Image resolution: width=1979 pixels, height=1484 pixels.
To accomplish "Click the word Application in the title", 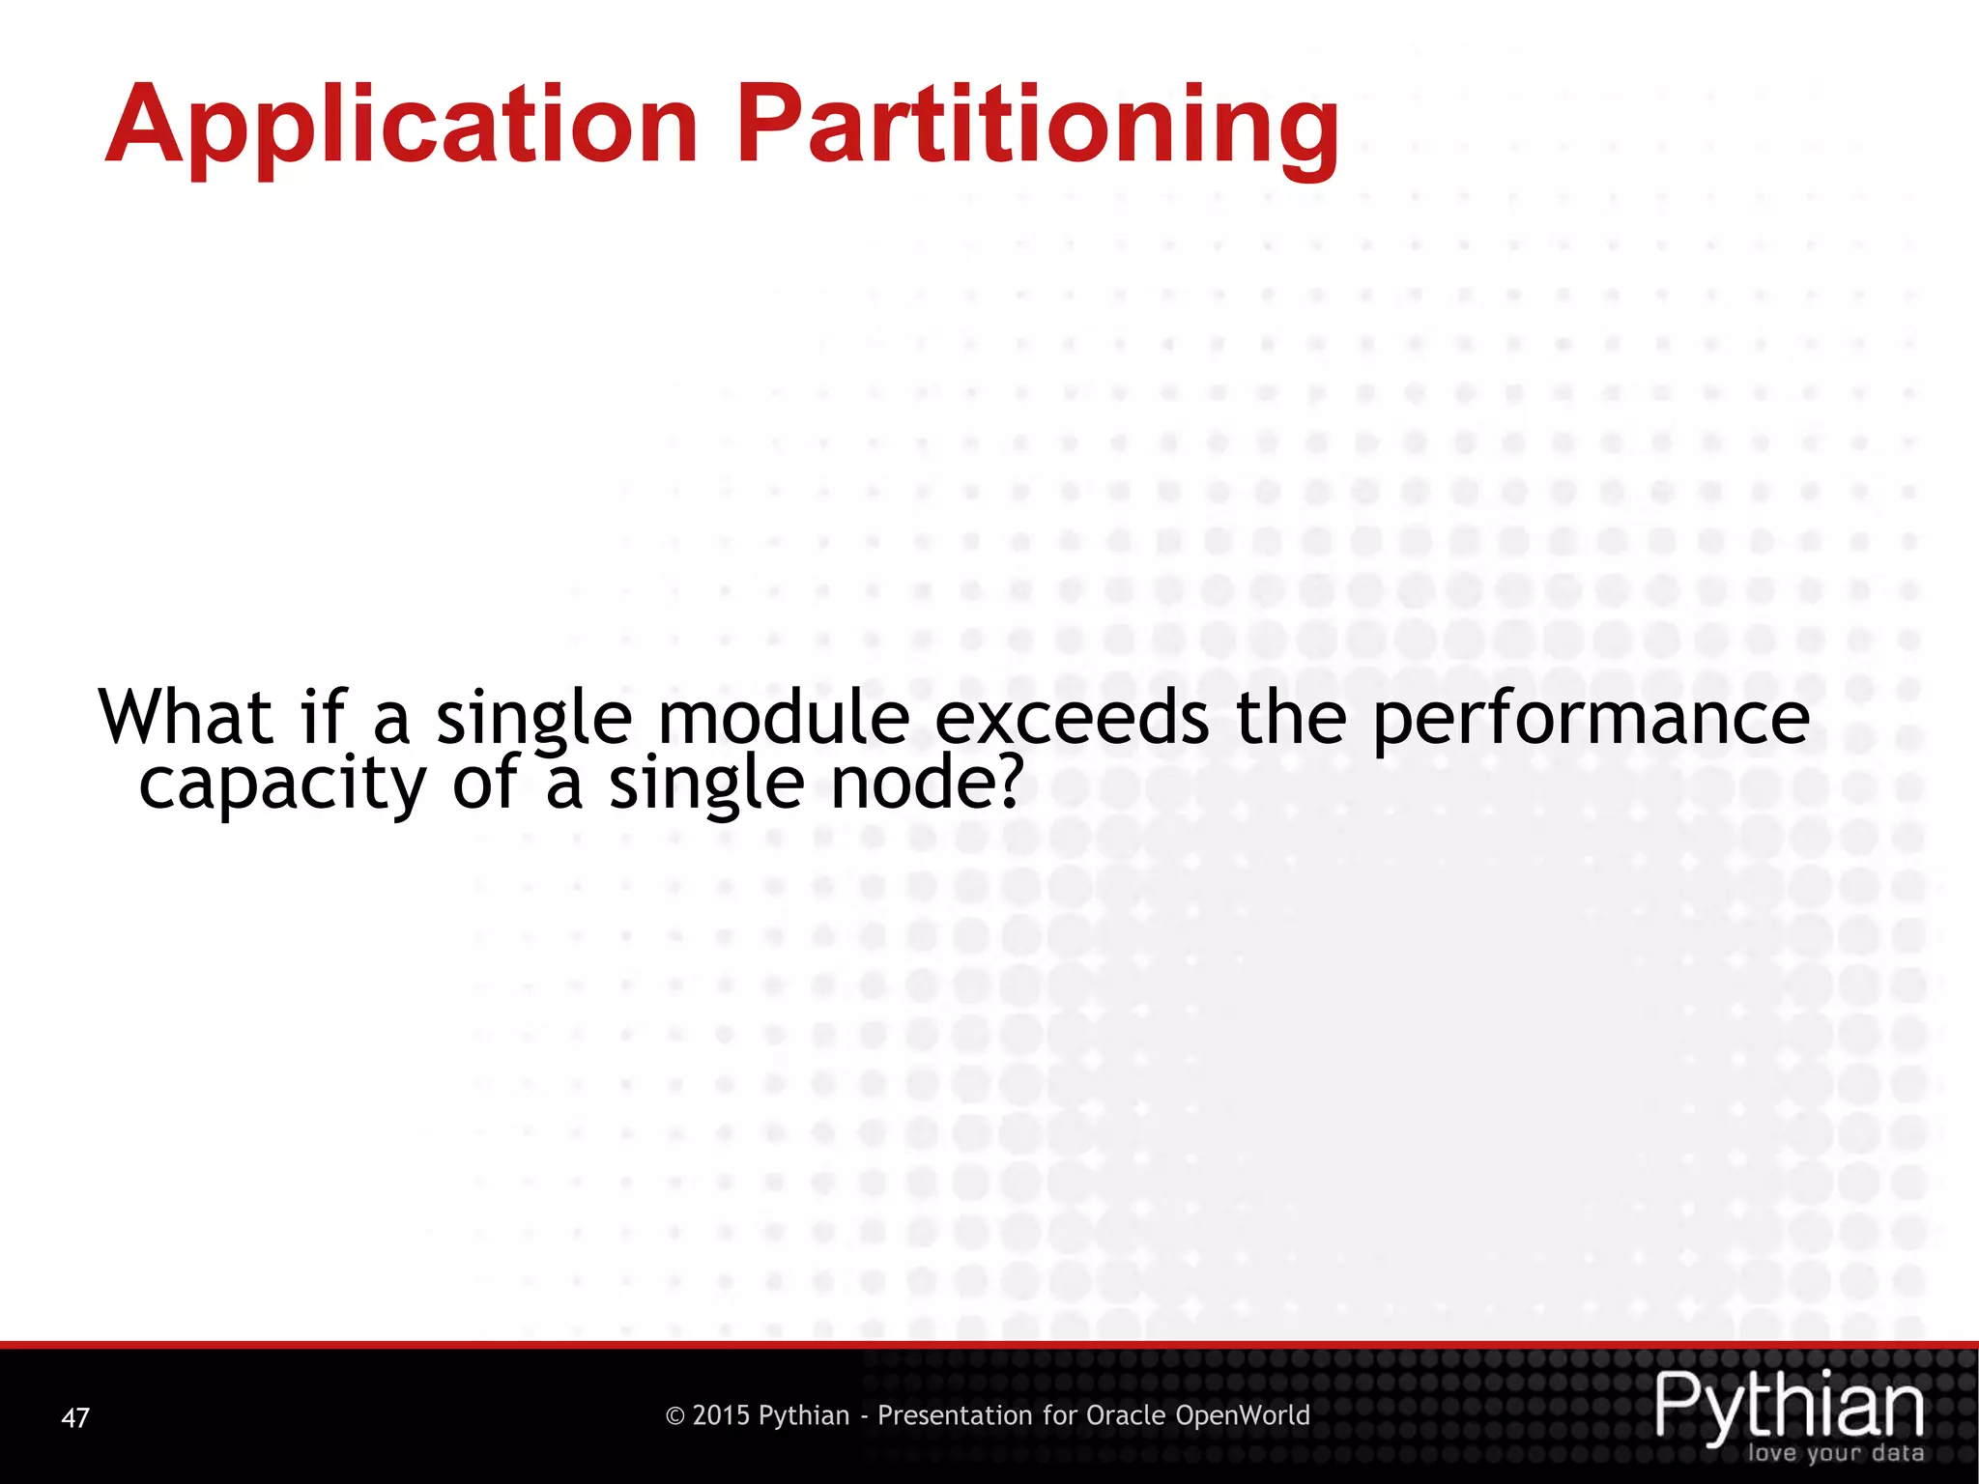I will point(401,126).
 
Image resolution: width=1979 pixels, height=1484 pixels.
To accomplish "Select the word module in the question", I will point(783,717).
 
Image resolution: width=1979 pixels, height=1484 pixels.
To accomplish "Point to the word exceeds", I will point(1072,717).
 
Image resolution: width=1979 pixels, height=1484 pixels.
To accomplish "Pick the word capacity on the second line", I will point(282,785).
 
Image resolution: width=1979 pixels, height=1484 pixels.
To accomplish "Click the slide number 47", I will point(75,1417).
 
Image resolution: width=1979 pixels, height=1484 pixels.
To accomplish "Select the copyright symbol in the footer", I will point(675,1416).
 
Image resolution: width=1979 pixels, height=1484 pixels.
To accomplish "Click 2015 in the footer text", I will point(721,1415).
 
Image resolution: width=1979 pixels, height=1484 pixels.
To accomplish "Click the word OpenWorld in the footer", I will point(1243,1415).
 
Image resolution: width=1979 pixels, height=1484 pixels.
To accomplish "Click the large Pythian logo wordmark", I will point(1790,1405).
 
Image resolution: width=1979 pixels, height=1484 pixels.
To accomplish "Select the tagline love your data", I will point(1835,1453).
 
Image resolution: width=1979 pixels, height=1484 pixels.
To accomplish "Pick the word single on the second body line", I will point(705,785).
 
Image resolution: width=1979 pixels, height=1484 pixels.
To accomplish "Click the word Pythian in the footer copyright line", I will point(803,1416).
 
